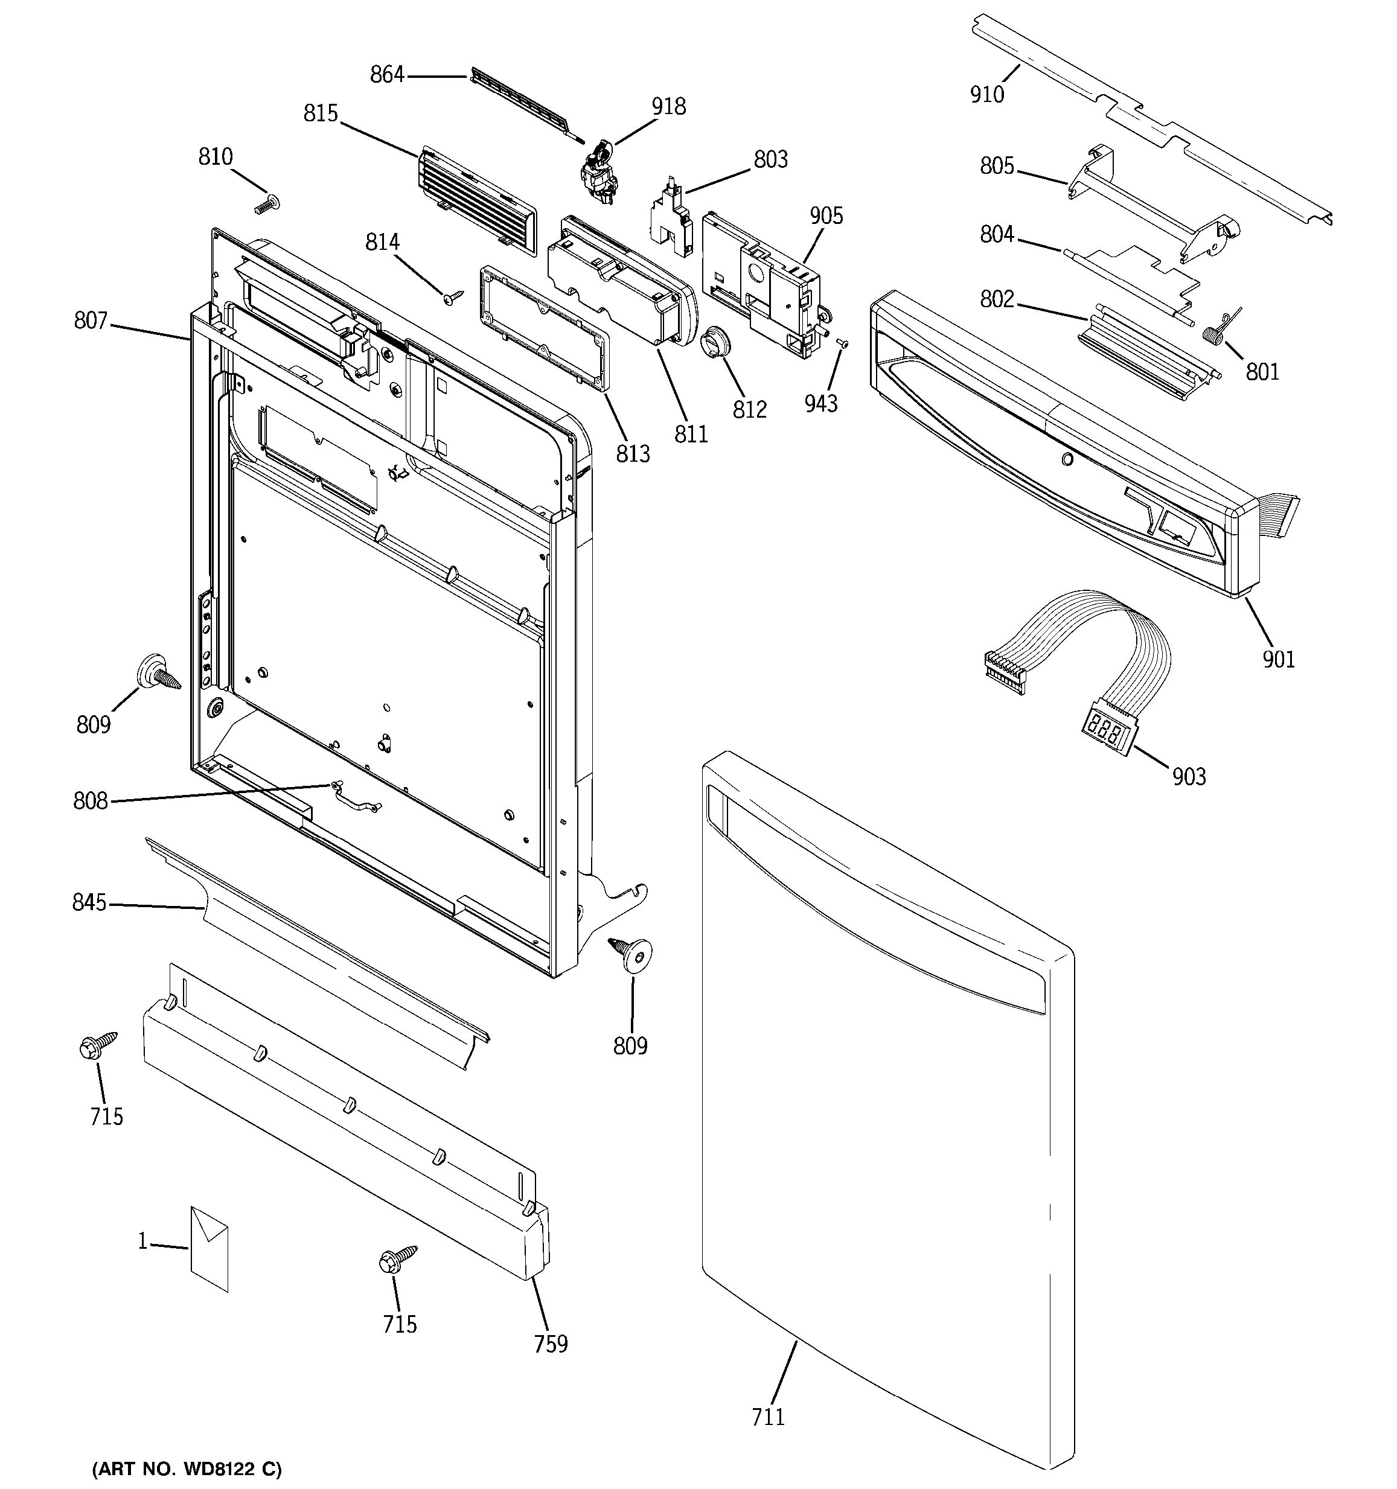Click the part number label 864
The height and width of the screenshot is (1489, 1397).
point(386,75)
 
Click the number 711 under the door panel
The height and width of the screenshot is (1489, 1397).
point(768,1417)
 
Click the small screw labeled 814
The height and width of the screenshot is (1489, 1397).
point(452,298)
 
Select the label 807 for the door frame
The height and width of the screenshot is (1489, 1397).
point(91,320)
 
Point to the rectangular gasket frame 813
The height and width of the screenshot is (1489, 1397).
point(544,328)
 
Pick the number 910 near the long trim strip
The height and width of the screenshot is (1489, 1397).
point(986,94)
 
